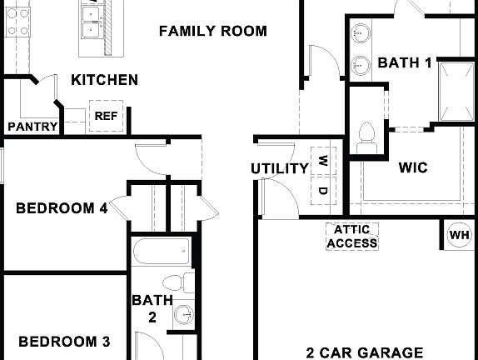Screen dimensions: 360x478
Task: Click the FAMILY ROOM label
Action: tap(212, 32)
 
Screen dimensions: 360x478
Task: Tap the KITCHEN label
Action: tap(104, 80)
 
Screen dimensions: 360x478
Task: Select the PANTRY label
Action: tap(32, 127)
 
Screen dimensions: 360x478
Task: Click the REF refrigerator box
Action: tap(106, 117)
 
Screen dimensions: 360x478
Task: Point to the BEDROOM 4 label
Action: tap(62, 208)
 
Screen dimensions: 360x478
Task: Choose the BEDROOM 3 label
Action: tap(64, 341)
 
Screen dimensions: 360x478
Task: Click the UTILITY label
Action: tap(280, 168)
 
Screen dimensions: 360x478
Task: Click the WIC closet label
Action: tap(413, 167)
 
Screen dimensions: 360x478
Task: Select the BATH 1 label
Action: tap(405, 62)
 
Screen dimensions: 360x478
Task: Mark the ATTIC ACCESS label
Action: tap(351, 237)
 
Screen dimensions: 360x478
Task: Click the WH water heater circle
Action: tap(460, 234)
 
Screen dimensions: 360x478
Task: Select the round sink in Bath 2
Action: tap(184, 315)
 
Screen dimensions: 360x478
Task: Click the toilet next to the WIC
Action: tap(366, 136)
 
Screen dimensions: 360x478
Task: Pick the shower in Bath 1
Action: tap(457, 90)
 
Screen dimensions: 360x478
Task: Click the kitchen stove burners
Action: tap(16, 20)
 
